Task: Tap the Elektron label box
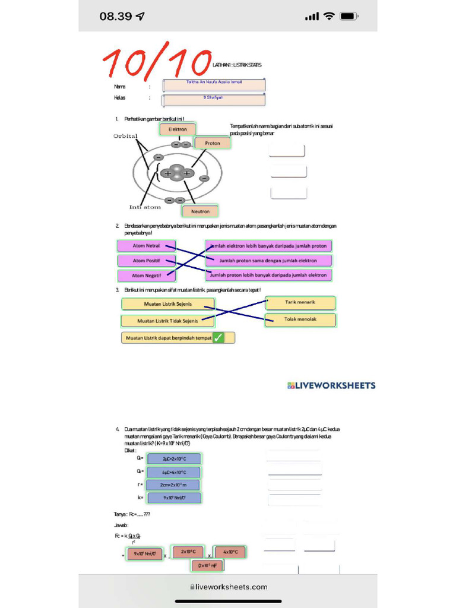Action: point(178,129)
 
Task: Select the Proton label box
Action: point(212,143)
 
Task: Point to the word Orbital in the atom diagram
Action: point(125,136)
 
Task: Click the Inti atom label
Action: point(145,207)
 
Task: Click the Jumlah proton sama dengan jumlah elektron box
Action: point(268,261)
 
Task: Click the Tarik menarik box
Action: point(300,303)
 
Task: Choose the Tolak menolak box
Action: point(300,320)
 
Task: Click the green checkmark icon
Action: point(218,338)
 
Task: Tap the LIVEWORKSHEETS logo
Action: point(331,385)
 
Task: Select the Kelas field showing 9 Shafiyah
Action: point(214,99)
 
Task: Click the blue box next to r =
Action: point(173,485)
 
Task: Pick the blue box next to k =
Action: point(173,498)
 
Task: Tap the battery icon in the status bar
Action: point(349,16)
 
